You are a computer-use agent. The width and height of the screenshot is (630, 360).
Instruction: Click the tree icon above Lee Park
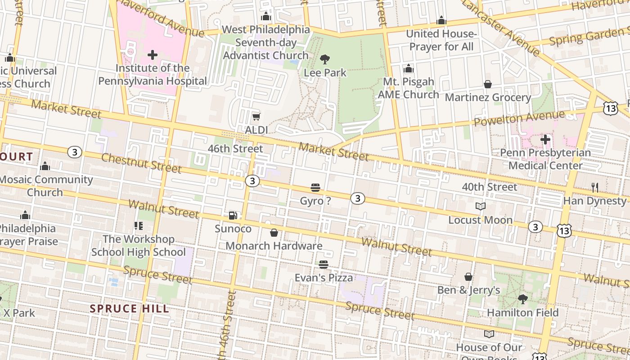(x=324, y=59)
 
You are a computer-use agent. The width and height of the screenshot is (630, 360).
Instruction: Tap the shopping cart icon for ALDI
(x=256, y=117)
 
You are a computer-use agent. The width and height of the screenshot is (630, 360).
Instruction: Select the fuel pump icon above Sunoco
(x=233, y=216)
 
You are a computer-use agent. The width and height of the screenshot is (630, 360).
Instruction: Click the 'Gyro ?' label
(x=315, y=201)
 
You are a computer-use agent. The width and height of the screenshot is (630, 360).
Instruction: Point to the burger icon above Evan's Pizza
(x=324, y=265)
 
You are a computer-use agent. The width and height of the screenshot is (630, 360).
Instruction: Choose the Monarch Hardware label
(x=274, y=246)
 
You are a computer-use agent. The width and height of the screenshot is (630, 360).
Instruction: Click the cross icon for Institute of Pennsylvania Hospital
(x=153, y=55)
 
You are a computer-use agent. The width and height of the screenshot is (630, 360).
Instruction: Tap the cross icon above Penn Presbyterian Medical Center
(x=545, y=139)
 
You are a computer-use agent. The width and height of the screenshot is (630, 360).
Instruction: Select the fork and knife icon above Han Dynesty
(x=595, y=187)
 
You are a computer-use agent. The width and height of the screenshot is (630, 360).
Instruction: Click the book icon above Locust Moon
(x=480, y=207)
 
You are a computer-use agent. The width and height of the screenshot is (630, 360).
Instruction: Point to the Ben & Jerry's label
(x=468, y=290)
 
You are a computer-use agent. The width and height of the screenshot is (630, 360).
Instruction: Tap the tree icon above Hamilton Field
(x=522, y=299)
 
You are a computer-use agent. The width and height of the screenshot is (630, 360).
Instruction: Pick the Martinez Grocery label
(x=488, y=97)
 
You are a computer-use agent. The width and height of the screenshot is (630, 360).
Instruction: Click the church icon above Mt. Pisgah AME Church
(x=408, y=69)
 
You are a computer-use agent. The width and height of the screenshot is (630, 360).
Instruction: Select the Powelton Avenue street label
(x=519, y=118)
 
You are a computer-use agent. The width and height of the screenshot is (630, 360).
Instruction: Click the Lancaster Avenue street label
(x=500, y=27)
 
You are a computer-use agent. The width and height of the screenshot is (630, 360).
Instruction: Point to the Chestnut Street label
(x=141, y=162)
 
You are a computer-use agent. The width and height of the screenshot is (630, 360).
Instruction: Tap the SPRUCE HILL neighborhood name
(x=130, y=309)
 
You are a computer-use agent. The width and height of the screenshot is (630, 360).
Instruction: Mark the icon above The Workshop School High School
(x=138, y=226)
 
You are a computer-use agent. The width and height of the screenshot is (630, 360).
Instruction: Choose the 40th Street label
(x=490, y=187)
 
